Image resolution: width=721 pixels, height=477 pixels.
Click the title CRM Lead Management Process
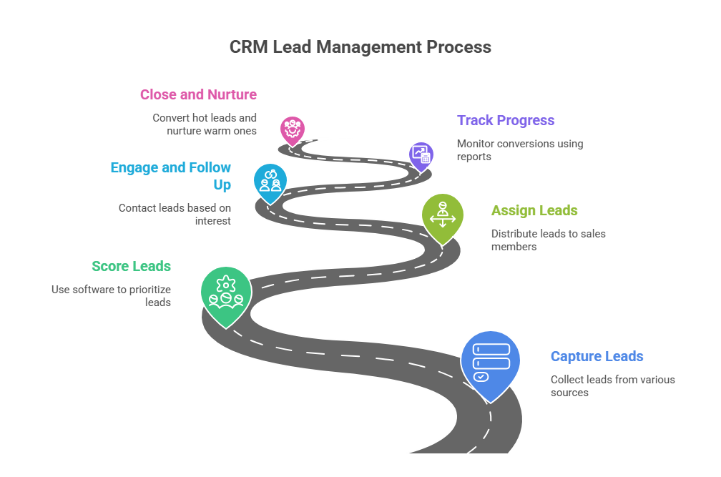[360, 47]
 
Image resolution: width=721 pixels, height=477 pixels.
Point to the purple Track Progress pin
[421, 154]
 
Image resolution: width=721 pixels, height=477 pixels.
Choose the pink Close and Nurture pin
[292, 129]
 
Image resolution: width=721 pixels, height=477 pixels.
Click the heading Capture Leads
[597, 356]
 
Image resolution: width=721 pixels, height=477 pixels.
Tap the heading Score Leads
[131, 266]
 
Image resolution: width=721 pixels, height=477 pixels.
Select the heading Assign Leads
[534, 210]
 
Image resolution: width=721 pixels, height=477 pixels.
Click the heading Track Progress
[506, 120]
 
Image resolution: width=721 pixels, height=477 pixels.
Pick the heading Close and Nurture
[198, 94]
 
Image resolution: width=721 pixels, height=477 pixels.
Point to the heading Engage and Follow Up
[170, 176]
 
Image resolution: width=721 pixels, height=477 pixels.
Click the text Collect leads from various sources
[612, 385]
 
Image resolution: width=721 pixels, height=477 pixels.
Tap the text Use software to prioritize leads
[111, 295]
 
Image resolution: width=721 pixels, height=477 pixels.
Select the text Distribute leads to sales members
[549, 240]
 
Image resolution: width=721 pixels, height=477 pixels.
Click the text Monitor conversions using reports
[519, 149]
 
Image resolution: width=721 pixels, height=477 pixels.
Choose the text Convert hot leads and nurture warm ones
[205, 124]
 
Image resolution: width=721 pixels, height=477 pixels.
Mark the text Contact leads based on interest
[175, 214]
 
